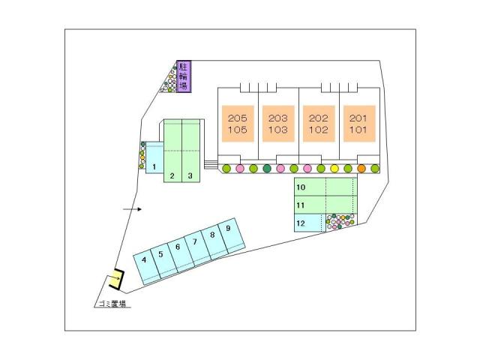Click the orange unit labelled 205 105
point(238,124)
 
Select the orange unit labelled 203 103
point(278,124)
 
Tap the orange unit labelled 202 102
point(319,124)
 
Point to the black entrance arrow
point(132,209)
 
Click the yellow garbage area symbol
point(115,280)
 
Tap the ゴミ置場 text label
point(111,304)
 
